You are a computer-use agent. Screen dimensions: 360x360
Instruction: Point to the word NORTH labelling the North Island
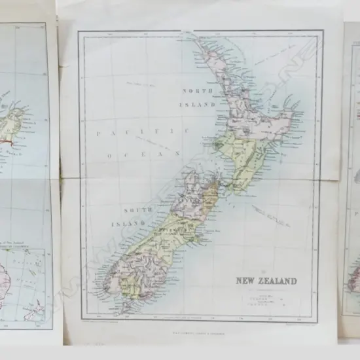[x=198, y=91]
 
